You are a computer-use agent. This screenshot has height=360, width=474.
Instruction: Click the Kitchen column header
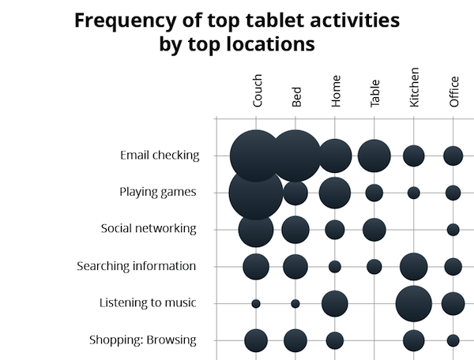pos(414,88)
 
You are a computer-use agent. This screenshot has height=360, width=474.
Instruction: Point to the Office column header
pos(453,92)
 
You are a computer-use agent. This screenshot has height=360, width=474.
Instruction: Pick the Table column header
pos(374,93)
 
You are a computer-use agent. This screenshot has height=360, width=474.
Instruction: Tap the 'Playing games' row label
pos(157,192)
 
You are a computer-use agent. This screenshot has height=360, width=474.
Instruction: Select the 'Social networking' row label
pos(149,229)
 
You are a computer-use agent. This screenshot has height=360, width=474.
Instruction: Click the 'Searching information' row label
pos(136,266)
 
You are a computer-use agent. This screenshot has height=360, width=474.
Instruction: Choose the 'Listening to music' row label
pos(148,303)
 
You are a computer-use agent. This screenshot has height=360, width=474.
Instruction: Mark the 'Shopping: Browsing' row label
pos(142,340)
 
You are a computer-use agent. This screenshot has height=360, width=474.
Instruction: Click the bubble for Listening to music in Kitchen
pos(413,303)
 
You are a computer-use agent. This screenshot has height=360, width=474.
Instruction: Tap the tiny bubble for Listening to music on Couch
pos(256,303)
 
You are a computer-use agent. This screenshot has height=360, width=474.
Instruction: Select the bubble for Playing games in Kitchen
pos(413,192)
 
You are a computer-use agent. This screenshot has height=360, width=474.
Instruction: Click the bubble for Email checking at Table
pos(374,156)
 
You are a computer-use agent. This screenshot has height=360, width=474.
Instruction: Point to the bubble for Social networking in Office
pos(453,230)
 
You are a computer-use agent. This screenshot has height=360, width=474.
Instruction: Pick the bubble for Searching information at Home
pos(335,267)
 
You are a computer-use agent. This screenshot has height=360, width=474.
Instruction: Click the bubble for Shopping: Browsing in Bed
pos(295,340)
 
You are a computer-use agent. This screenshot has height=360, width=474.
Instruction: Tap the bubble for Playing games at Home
pos(335,192)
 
